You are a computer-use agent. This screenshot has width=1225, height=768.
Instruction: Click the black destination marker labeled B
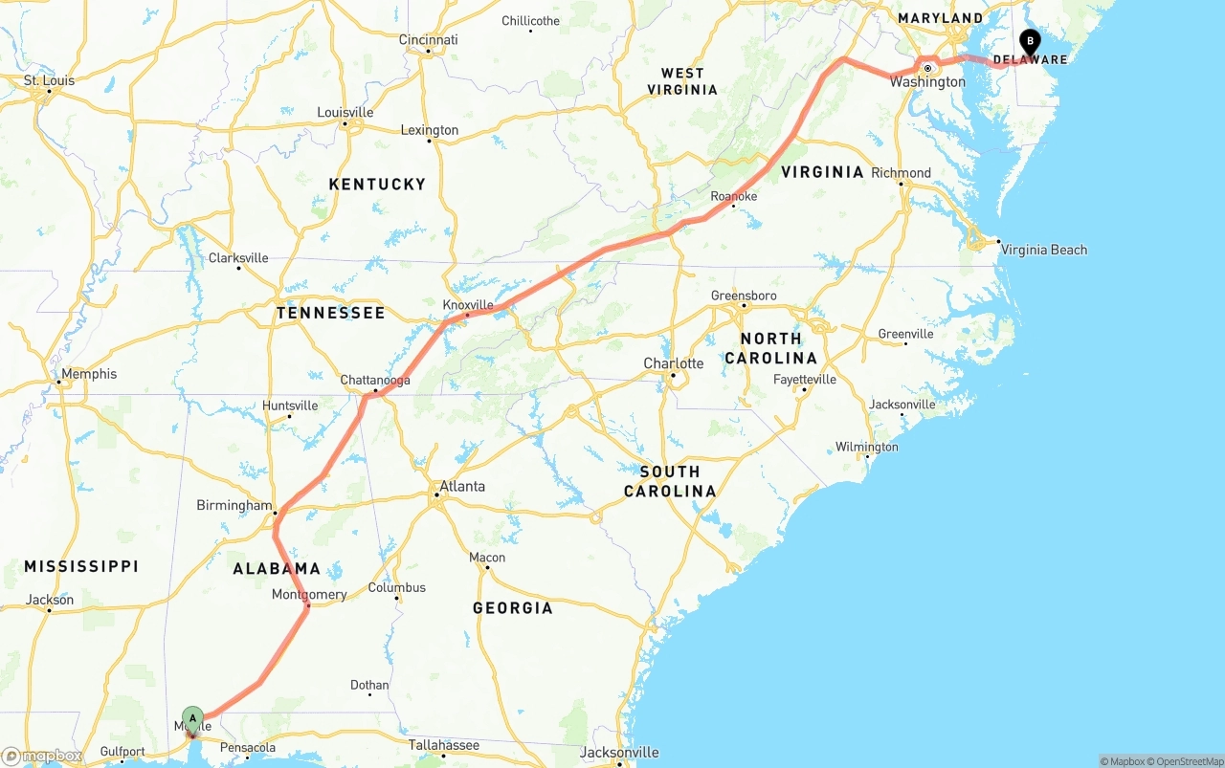coord(1030,41)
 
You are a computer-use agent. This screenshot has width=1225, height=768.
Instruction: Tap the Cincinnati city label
coord(428,40)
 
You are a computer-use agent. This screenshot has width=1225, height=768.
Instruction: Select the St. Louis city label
coord(49,80)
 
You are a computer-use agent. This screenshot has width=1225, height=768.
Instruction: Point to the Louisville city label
coord(345,113)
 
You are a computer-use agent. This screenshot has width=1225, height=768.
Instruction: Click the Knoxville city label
coord(468,305)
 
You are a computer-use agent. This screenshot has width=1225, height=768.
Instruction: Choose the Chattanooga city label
coord(375,381)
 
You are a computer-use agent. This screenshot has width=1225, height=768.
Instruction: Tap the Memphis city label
coord(89,374)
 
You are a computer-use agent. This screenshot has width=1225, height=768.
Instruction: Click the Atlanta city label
coord(462,487)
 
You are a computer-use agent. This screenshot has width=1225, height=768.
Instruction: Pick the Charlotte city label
coord(673,363)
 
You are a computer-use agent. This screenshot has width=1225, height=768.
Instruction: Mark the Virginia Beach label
coord(1043,250)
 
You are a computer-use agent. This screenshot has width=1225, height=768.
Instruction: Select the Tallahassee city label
coord(443,745)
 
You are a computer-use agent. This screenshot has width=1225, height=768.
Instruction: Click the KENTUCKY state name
coord(377,184)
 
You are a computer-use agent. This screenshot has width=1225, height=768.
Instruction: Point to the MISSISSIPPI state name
coord(81,566)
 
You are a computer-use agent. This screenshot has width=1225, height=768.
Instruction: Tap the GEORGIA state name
coord(512,608)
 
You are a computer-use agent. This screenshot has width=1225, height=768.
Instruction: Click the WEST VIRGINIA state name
coord(682,81)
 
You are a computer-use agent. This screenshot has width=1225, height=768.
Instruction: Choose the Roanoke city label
coord(734,196)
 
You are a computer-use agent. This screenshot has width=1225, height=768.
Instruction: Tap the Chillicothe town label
coord(530,21)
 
